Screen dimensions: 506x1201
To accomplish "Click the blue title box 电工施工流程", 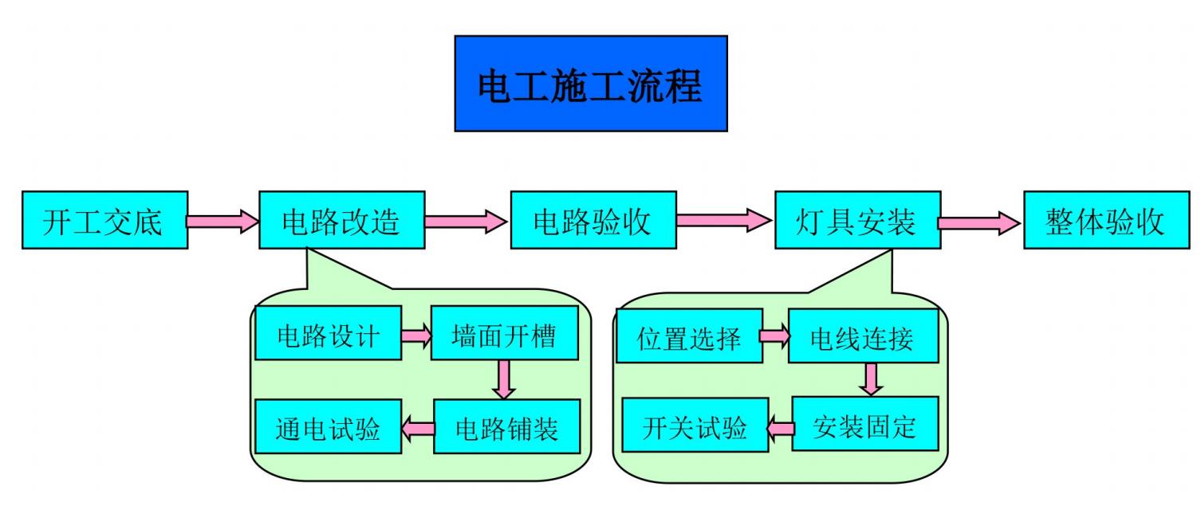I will pos(590,84).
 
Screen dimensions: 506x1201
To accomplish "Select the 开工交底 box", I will pos(104,221).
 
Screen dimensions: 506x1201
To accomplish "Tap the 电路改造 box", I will pos(341,221).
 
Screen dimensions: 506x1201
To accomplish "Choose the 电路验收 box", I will pos(593,221).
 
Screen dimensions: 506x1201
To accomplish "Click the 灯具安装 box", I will pos(857,221).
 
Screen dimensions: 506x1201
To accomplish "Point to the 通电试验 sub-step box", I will pos(328,427).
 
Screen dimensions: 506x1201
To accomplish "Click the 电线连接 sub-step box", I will pos(862,336).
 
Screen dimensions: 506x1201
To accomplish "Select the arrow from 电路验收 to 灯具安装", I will pos(725,219).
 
